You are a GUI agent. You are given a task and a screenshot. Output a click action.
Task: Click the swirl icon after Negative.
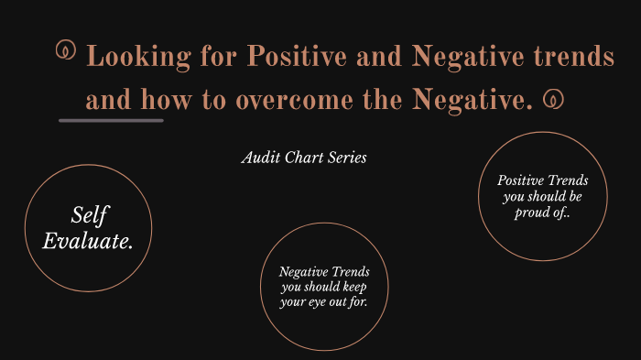click(552, 99)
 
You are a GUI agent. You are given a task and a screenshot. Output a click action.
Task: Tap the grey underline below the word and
click(111, 120)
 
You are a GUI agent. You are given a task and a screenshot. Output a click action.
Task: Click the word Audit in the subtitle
click(258, 158)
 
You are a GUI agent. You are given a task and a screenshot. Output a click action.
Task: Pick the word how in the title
click(166, 100)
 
